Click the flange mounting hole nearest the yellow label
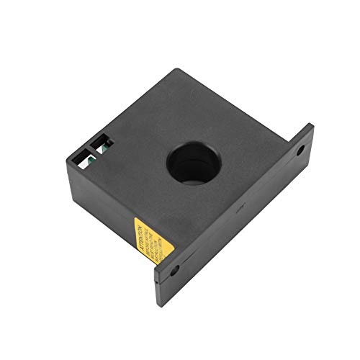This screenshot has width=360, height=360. click(175, 273)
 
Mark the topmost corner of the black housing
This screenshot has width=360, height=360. click(176, 70)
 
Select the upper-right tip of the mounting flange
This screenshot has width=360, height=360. click(312, 125)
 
